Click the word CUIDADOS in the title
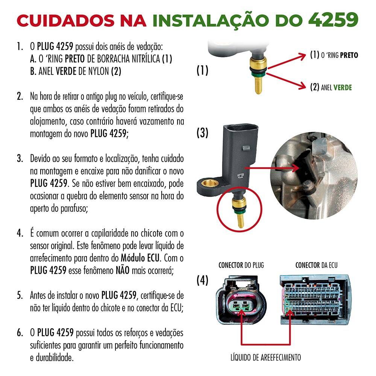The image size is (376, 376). [66, 20]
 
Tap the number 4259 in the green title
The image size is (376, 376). [333, 20]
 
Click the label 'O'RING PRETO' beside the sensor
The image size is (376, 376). [334, 55]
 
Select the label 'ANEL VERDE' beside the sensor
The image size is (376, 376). [331, 87]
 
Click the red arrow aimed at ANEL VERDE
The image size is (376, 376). [286, 81]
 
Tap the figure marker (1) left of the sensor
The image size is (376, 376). [202, 70]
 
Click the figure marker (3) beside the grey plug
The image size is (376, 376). [202, 133]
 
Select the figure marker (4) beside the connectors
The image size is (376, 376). [202, 280]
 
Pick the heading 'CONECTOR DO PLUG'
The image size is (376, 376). [241, 265]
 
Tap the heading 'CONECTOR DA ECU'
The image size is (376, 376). [316, 265]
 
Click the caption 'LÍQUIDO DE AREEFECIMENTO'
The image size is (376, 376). [266, 357]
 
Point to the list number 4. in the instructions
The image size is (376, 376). [20, 233]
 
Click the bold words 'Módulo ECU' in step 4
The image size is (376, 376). [140, 258]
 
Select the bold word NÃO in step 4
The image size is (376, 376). [123, 270]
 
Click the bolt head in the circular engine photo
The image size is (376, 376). [308, 185]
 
